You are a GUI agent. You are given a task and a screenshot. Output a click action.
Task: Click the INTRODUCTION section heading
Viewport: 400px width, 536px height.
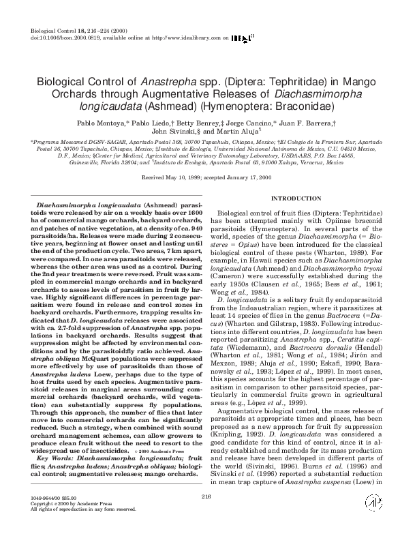[x=292, y=198]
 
